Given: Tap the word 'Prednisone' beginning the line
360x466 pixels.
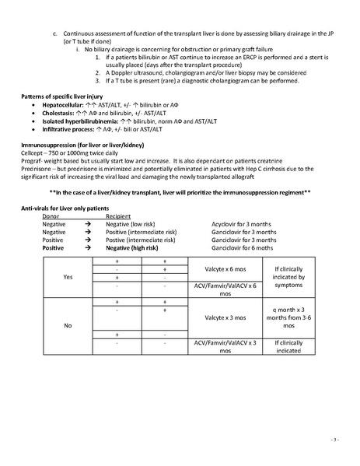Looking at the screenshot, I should click(x=37, y=171).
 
